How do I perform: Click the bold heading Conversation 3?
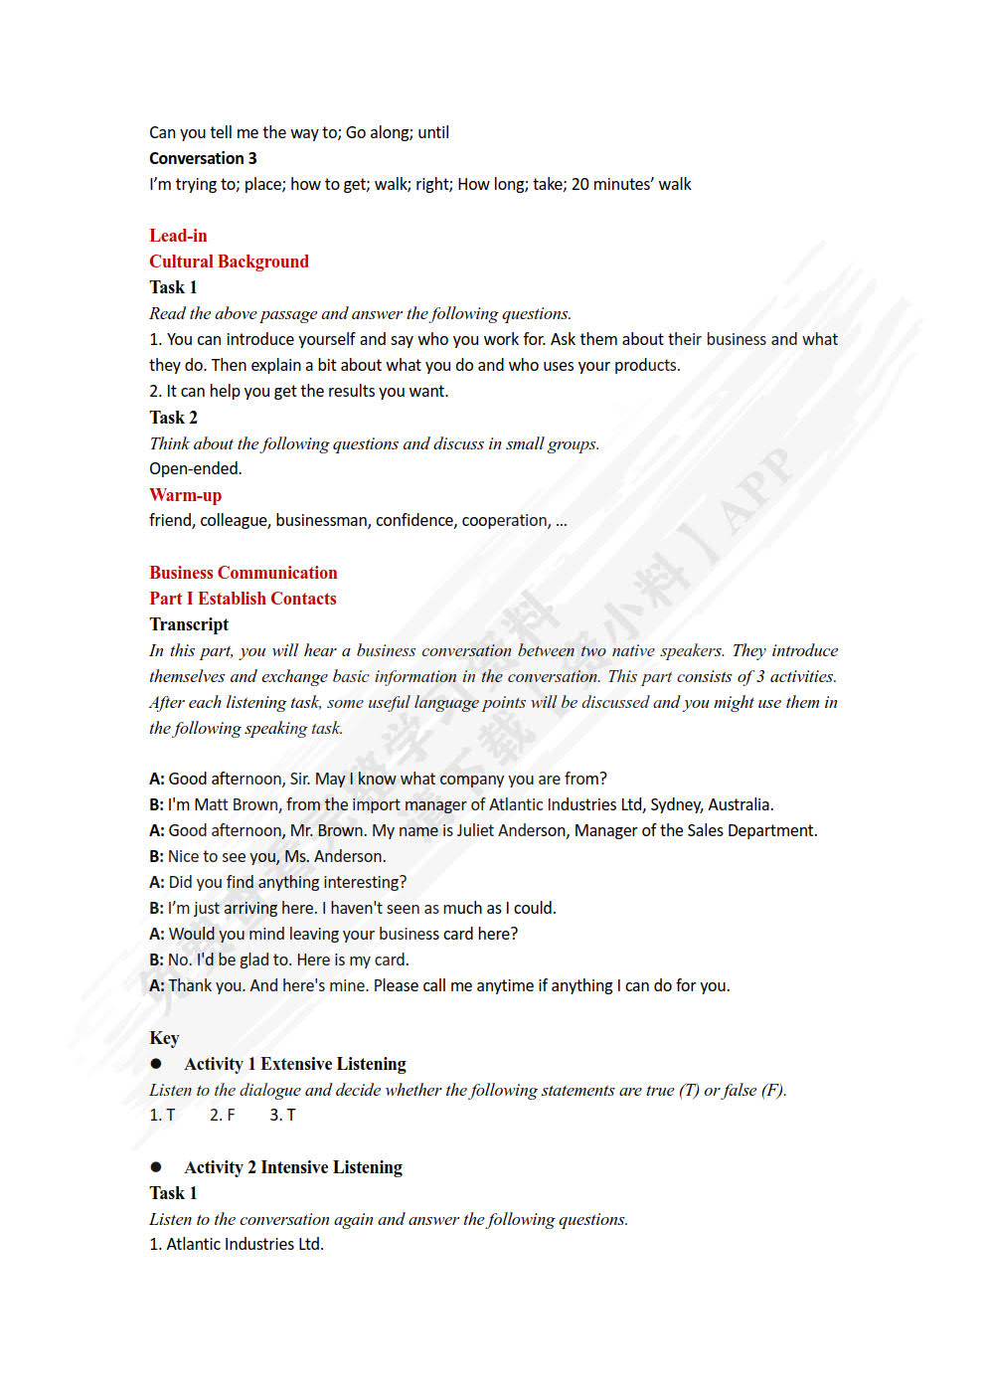pyautogui.click(x=203, y=158)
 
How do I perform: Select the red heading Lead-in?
pyautogui.click(x=178, y=236)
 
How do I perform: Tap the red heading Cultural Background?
pyautogui.click(x=229, y=262)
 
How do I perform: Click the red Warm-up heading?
pyautogui.click(x=185, y=495)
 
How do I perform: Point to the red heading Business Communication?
pyautogui.click(x=244, y=573)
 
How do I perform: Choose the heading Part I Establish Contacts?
pyautogui.click(x=243, y=599)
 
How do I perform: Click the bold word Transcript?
pyautogui.click(x=189, y=624)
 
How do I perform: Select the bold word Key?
pyautogui.click(x=164, y=1038)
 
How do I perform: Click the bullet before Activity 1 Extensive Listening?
pyautogui.click(x=156, y=1064)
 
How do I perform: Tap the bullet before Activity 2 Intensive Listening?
pyautogui.click(x=156, y=1167)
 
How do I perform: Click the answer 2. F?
pyautogui.click(x=223, y=1116)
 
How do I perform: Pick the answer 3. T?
pyautogui.click(x=282, y=1116)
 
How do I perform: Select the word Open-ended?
pyautogui.click(x=196, y=469)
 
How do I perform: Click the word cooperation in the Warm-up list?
pyautogui.click(x=506, y=521)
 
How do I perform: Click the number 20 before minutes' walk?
pyautogui.click(x=580, y=184)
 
